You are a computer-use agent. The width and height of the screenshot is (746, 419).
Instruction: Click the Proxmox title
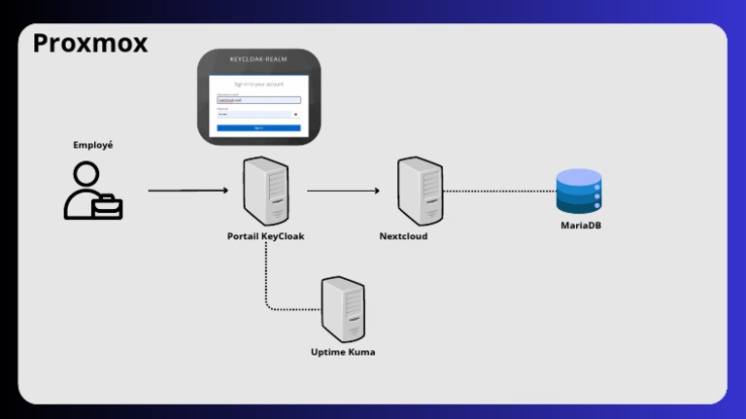point(89,44)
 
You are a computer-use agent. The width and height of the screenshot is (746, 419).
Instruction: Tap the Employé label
point(93,145)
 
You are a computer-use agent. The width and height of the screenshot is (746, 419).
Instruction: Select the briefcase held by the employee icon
point(108,206)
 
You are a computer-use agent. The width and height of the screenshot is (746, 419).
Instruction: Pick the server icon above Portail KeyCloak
point(265,192)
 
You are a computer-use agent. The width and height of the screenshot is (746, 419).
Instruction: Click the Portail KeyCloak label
point(265,236)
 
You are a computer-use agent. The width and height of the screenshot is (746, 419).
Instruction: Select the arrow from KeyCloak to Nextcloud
point(343,191)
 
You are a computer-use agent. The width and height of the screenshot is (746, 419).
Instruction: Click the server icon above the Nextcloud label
point(420,192)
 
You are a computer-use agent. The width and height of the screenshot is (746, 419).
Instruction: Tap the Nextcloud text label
point(403,236)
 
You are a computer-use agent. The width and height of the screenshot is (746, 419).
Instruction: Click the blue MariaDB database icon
point(579,192)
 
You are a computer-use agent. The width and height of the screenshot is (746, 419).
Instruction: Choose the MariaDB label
point(581,226)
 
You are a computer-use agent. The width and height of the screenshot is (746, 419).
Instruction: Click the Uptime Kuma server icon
point(343,308)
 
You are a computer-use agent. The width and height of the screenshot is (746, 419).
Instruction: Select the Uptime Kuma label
point(343,352)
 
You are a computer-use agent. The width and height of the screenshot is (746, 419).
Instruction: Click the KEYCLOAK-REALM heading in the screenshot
point(258,59)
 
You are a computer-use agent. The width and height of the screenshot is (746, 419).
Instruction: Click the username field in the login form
point(258,99)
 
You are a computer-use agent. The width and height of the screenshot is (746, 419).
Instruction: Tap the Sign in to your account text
point(258,85)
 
